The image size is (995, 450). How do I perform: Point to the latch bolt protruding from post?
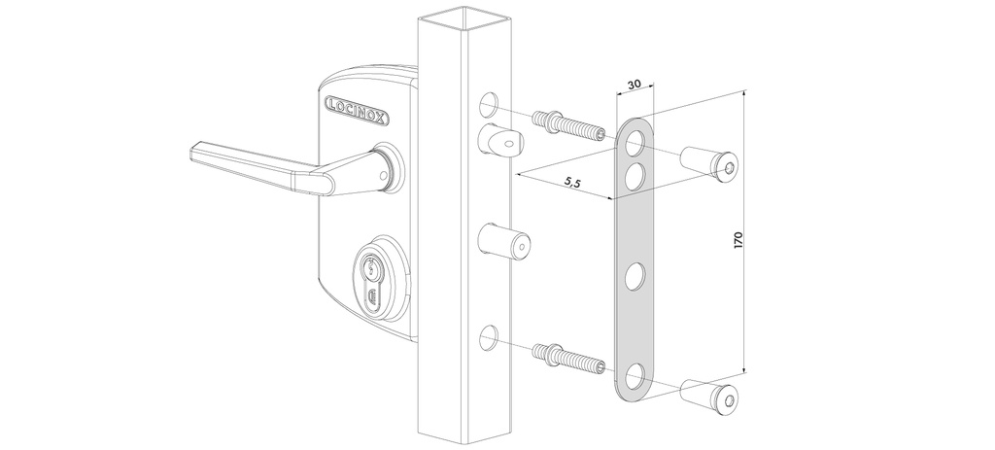[500, 144]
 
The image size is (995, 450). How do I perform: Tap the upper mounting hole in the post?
[490, 105]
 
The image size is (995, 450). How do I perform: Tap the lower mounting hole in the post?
[490, 337]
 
